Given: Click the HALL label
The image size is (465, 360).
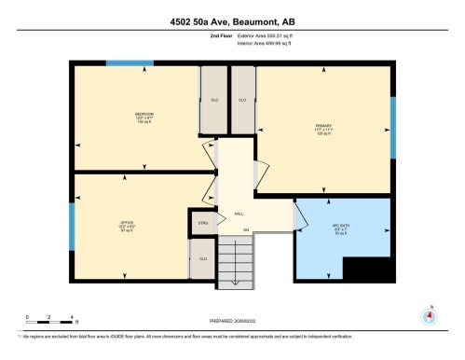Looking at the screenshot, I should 239,213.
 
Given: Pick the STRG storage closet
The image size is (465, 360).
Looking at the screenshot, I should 202,224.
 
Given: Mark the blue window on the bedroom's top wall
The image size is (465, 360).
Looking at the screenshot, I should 129,63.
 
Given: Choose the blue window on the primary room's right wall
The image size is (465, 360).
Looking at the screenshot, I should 392,127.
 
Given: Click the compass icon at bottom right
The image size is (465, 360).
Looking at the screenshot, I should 429,314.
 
